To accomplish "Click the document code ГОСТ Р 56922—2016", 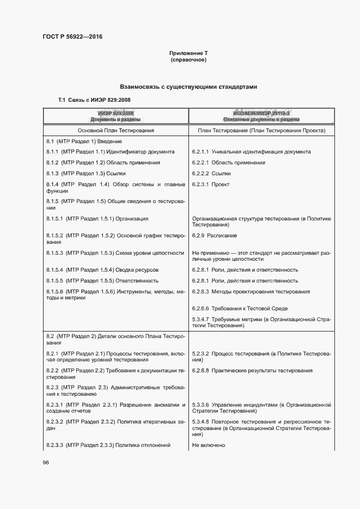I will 72,36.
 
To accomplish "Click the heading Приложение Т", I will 188,53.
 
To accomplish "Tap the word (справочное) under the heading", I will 188,59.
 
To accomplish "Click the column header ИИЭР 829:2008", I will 115,113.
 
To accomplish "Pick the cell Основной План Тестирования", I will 115,131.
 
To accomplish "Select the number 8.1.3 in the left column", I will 52,173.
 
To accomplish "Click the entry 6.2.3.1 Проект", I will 211,185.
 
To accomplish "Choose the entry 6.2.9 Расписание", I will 214,235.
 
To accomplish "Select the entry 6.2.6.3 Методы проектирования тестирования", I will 251,291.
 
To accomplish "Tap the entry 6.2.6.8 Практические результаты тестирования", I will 252,371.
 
